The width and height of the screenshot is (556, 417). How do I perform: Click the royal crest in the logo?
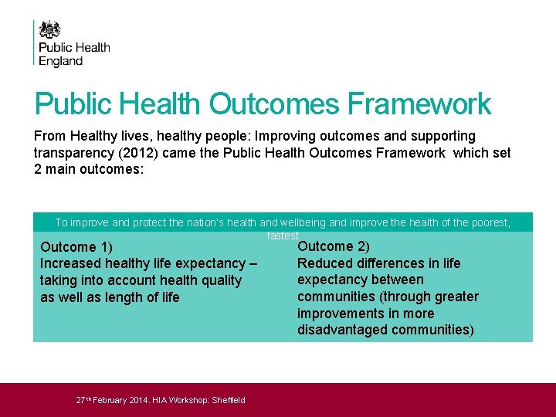click(49, 29)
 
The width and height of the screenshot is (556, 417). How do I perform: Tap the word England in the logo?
click(61, 61)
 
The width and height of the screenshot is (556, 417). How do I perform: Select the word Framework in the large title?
click(419, 104)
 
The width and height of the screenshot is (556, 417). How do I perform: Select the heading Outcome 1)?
click(76, 248)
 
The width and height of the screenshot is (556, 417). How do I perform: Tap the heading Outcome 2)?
click(334, 246)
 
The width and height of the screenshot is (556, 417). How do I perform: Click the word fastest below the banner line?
click(283, 236)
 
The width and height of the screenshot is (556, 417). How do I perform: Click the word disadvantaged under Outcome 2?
click(341, 331)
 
